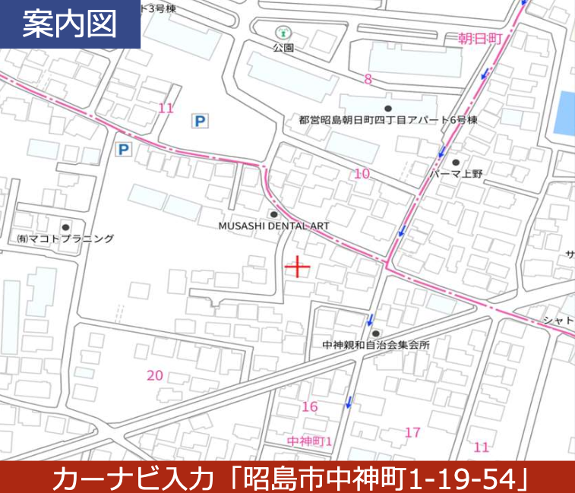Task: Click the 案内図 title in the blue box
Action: pyautogui.click(x=69, y=25)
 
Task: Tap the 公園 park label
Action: pyautogui.click(x=283, y=47)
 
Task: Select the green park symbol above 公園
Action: pyautogui.click(x=283, y=33)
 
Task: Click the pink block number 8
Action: pyautogui.click(x=368, y=80)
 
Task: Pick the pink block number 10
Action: pyautogui.click(x=362, y=174)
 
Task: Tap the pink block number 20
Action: pyautogui.click(x=155, y=375)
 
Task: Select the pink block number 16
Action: pyautogui.click(x=309, y=407)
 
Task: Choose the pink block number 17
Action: pyautogui.click(x=412, y=433)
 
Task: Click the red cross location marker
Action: pyautogui.click(x=296, y=267)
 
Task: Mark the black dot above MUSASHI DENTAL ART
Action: pyautogui.click(x=273, y=214)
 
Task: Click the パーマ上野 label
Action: pyautogui.click(x=456, y=174)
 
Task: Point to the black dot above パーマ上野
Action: pyautogui.click(x=456, y=162)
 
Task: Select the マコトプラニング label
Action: pyautogui.click(x=65, y=239)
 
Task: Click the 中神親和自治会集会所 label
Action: pyautogui.click(x=376, y=345)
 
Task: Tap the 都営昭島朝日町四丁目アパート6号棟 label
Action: pyautogui.click(x=387, y=120)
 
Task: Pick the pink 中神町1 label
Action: pyautogui.click(x=310, y=441)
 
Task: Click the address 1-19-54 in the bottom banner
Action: pyautogui.click(x=463, y=478)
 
